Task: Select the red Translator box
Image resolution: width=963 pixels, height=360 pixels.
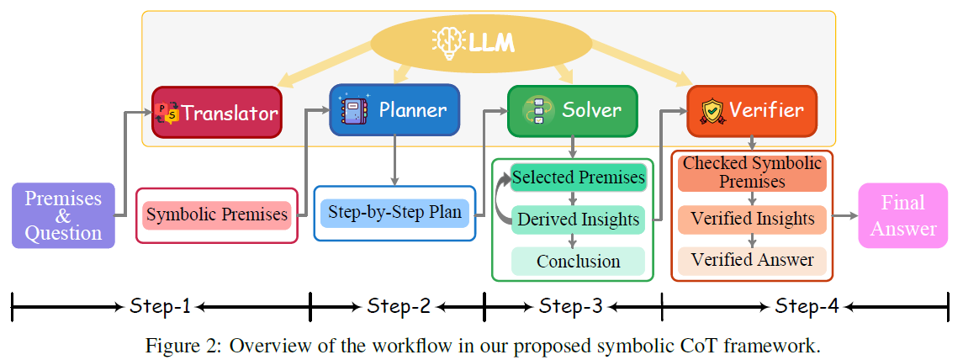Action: click(x=217, y=112)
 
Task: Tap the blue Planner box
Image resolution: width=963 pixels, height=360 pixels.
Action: click(x=394, y=110)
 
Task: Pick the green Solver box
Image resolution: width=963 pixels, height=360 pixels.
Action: click(x=573, y=110)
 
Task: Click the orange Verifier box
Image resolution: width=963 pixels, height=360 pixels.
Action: click(x=752, y=110)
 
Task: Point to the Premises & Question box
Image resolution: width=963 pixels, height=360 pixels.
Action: click(x=63, y=215)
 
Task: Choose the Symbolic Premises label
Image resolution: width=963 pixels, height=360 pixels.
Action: click(x=217, y=215)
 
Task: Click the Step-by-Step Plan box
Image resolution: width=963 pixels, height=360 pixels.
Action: click(x=394, y=213)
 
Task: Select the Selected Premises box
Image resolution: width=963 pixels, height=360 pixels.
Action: click(x=578, y=177)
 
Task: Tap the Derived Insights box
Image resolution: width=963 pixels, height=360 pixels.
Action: click(x=578, y=220)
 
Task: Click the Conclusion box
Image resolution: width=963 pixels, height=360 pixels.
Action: click(x=578, y=261)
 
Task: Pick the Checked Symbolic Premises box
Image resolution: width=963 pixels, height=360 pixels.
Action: click(x=752, y=172)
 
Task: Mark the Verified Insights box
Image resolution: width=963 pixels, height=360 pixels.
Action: click(x=752, y=220)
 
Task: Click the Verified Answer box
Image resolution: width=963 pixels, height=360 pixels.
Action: click(x=752, y=260)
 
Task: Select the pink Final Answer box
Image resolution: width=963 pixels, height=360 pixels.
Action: click(x=902, y=215)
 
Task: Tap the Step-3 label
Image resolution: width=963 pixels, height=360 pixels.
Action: click(x=571, y=307)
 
